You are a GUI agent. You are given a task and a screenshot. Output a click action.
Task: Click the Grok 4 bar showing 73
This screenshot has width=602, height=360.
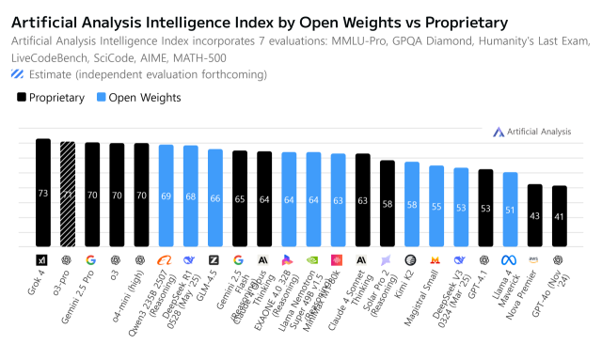[x=42, y=193]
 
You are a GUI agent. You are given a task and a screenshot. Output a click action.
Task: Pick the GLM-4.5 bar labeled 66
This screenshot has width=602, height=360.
[x=214, y=198]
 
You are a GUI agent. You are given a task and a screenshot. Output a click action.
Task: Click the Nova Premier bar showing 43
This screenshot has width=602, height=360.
[x=534, y=215]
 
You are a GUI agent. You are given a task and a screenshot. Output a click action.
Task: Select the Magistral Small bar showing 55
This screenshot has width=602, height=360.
[x=436, y=206]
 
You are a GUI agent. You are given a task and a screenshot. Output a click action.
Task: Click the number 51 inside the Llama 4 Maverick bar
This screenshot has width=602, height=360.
[x=510, y=211]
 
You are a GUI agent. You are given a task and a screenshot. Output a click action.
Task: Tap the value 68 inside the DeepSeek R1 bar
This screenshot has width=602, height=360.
[x=190, y=196]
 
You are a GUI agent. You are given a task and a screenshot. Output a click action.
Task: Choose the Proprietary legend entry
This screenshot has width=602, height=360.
[x=52, y=97]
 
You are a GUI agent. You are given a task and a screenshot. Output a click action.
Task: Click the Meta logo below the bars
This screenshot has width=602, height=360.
[x=510, y=259]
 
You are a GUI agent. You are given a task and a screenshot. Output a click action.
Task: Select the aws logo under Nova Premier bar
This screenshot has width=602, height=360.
[x=534, y=259]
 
